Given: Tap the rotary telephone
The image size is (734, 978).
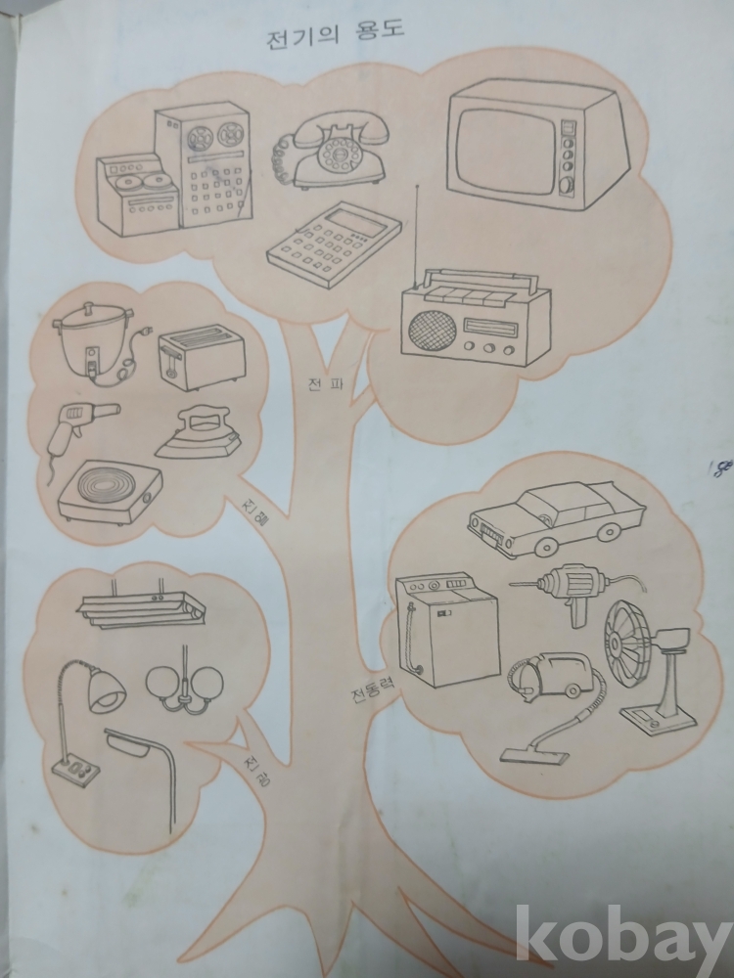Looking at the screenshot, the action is coord(332,153).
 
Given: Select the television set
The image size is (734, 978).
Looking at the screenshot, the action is coord(535,146).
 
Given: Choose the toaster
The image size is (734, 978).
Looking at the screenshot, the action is coord(201,359).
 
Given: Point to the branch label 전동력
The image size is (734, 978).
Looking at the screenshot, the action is coord(373,688).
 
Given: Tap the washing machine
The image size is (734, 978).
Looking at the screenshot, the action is coord(447,630).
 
